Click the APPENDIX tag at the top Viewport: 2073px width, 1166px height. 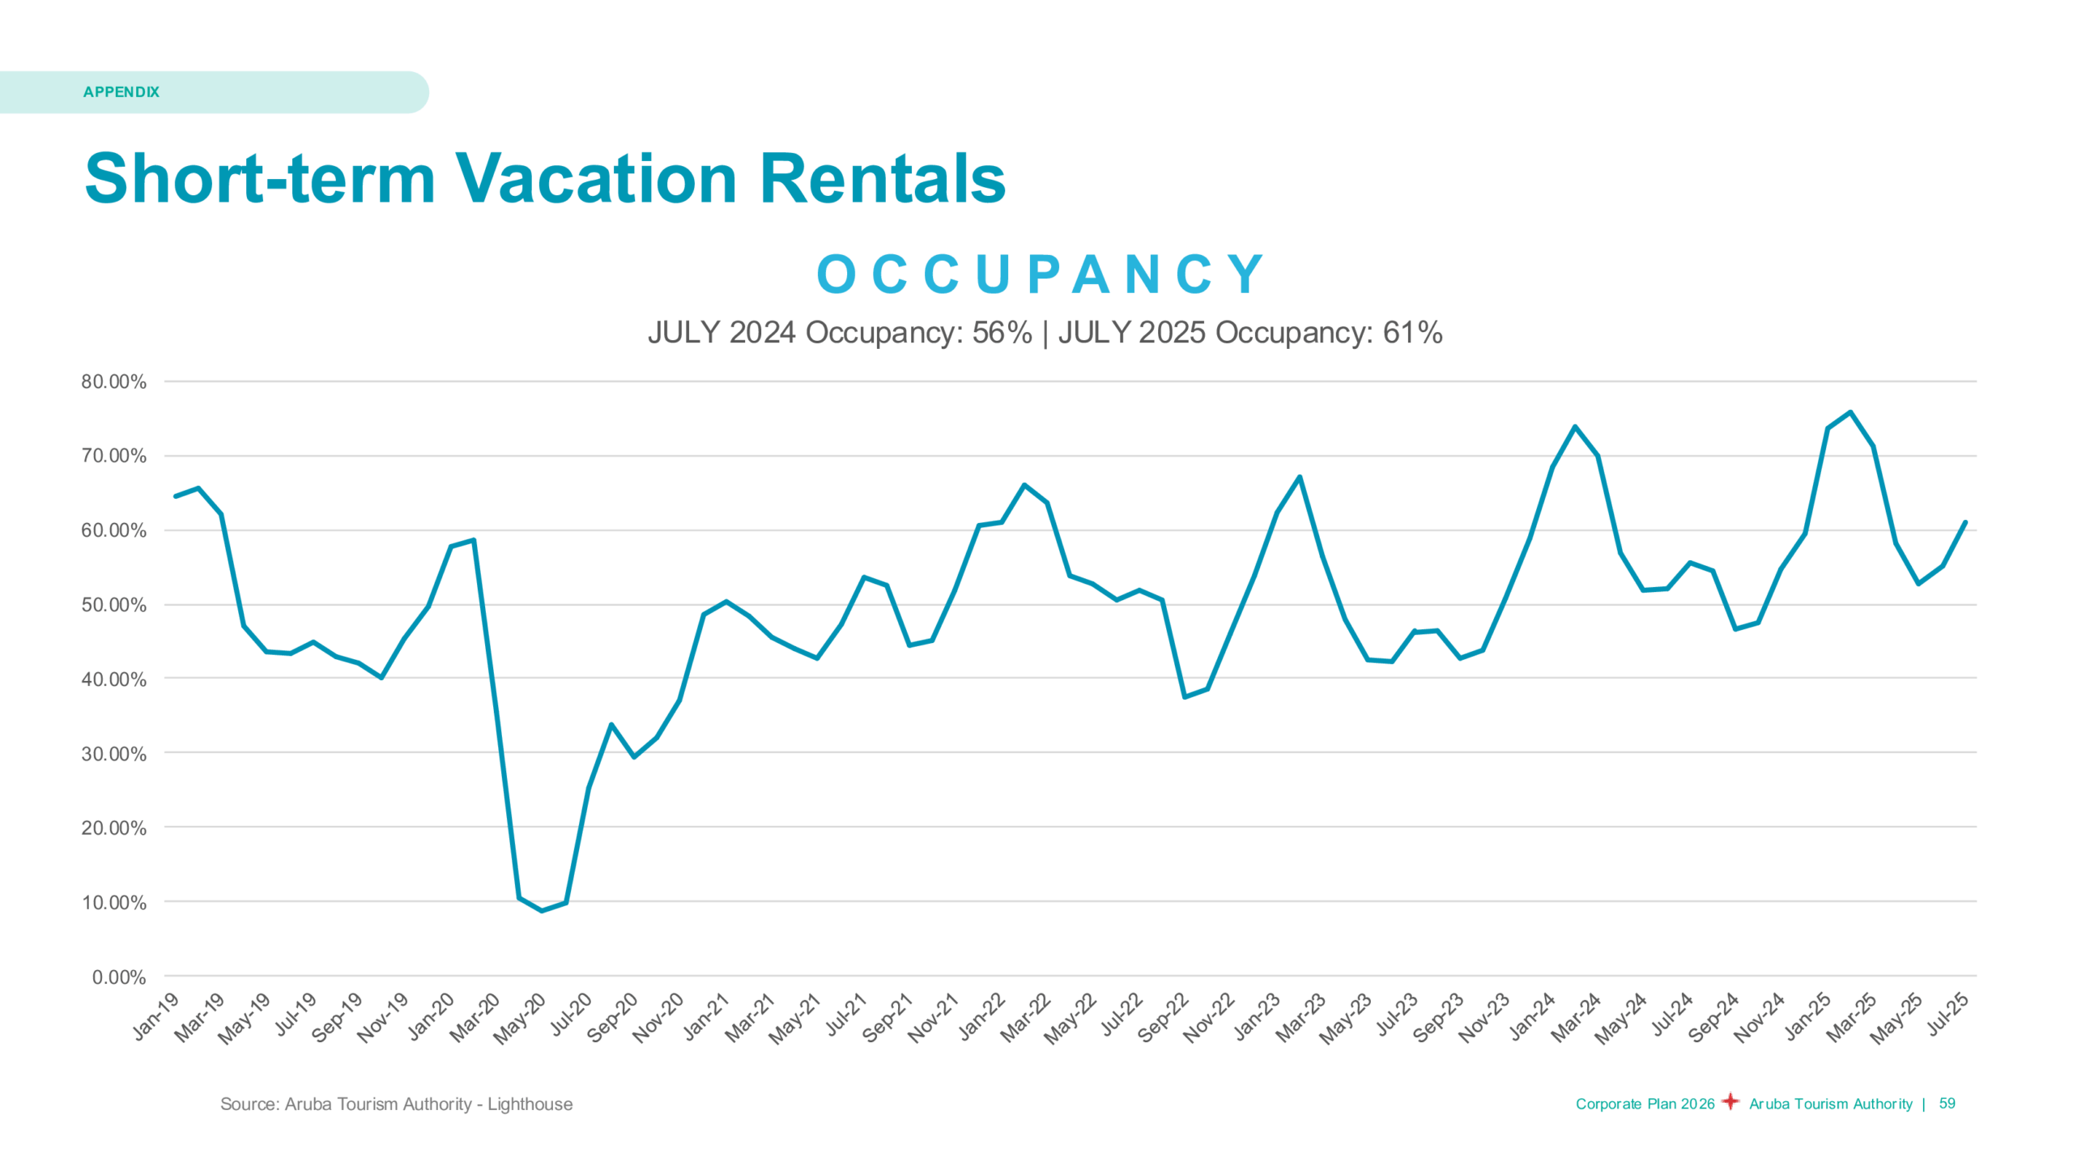(x=121, y=92)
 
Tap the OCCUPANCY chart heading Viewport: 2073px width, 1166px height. (x=1041, y=274)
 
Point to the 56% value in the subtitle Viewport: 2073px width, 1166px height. (x=1002, y=333)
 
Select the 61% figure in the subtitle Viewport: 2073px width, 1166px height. (x=1412, y=333)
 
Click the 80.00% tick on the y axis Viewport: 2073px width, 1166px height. (x=114, y=381)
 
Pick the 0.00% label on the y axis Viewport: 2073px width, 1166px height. (x=119, y=977)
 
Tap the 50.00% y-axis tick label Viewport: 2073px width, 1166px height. (x=114, y=605)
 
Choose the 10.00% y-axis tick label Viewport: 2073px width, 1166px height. (x=114, y=903)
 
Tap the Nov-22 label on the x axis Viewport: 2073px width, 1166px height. (x=1209, y=1017)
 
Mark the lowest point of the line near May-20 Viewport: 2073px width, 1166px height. (x=542, y=911)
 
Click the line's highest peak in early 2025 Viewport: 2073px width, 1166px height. (x=1850, y=412)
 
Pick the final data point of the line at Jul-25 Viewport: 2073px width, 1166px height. (x=1965, y=522)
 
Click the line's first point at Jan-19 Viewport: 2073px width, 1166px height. (x=176, y=496)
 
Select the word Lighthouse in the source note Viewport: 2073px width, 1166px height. (x=530, y=1104)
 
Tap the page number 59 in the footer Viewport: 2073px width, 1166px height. (x=1947, y=1104)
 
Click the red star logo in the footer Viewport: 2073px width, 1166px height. (x=1730, y=1102)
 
